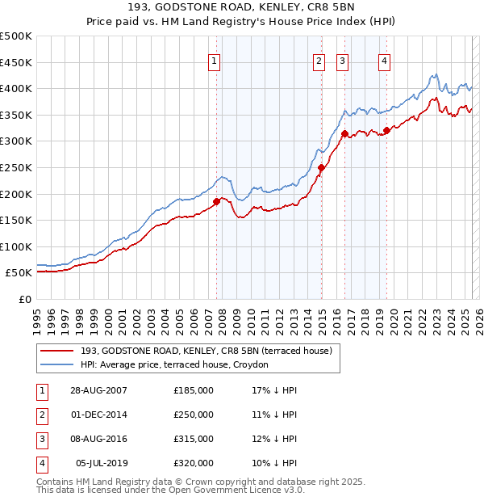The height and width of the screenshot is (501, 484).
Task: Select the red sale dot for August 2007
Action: tap(216, 202)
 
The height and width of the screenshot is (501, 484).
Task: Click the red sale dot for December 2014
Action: tap(321, 168)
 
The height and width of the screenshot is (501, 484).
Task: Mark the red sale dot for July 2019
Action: tap(386, 131)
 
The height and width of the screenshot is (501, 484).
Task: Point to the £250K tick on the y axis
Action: tap(17, 167)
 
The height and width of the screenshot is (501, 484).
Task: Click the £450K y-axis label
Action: tap(17, 62)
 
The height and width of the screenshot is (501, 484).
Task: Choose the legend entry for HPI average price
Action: tap(180, 364)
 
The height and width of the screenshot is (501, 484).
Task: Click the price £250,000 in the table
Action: tap(194, 415)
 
